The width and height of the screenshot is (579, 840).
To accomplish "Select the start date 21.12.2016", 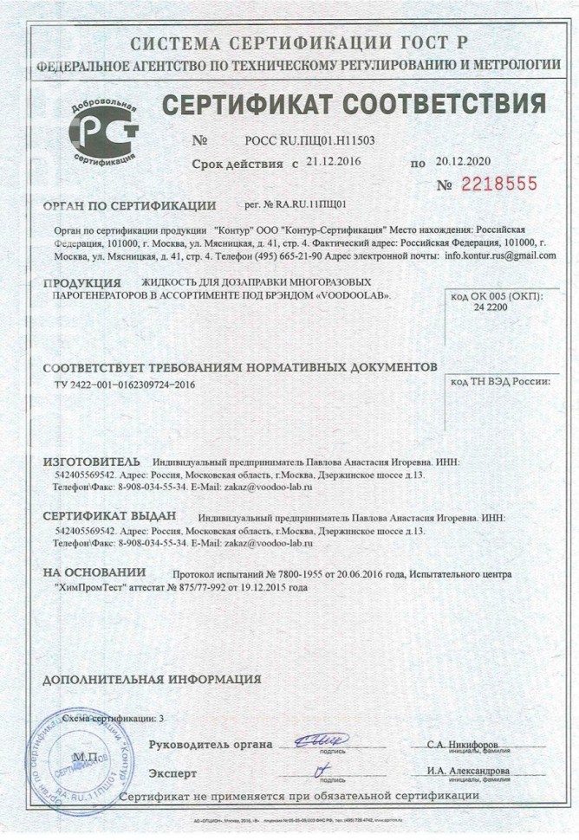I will click(332, 161).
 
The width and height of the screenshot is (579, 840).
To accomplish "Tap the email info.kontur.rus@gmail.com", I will click(500, 256).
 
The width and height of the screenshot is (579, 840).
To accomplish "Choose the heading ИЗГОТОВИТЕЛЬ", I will click(90, 462).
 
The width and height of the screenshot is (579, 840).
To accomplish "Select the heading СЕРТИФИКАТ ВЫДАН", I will click(108, 517).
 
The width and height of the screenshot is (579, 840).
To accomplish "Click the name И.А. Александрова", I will click(468, 772).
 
